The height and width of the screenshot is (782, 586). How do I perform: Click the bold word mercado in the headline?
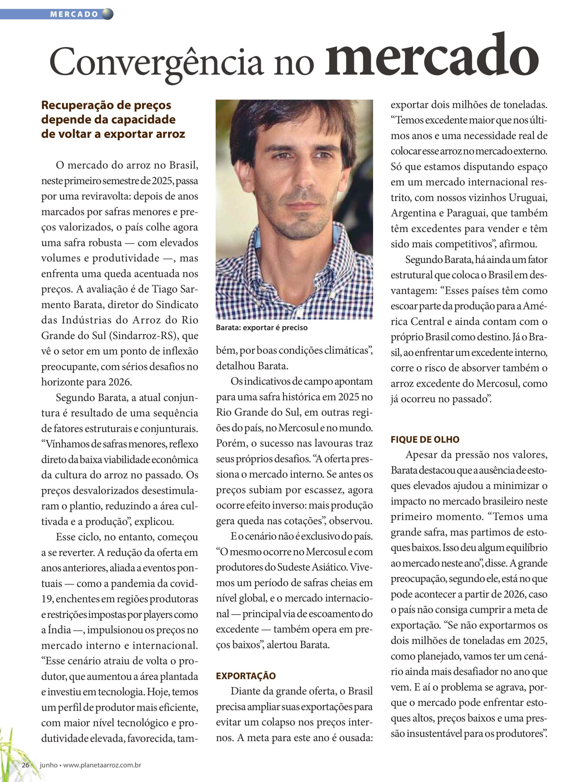click(x=431, y=57)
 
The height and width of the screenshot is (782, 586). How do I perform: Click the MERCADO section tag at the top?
click(x=74, y=14)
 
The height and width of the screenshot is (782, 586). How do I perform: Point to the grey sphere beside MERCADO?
click(x=107, y=14)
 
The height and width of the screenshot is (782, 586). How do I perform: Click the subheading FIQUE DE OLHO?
click(x=425, y=440)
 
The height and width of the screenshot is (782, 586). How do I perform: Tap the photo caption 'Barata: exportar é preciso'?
click(x=262, y=327)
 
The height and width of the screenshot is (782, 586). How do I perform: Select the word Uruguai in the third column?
click(x=528, y=197)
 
